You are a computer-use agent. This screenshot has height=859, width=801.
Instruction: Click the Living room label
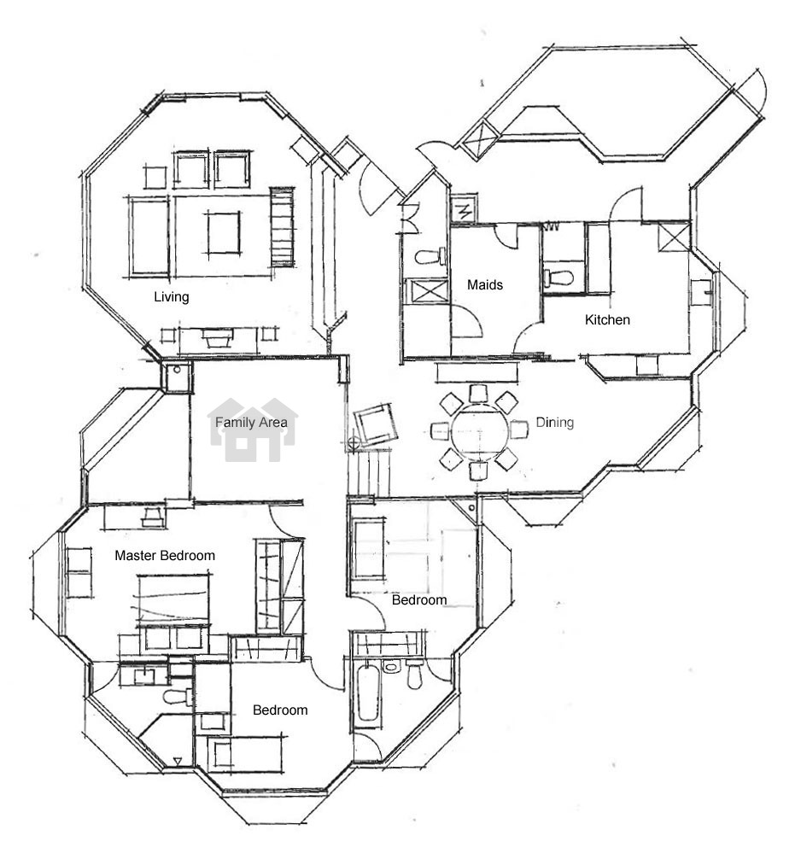click(x=171, y=297)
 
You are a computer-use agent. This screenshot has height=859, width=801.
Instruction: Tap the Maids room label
click(x=485, y=285)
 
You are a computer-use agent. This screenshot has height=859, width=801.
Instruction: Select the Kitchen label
click(x=607, y=320)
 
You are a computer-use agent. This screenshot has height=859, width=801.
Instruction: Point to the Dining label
click(x=554, y=423)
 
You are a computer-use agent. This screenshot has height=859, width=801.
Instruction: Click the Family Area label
click(x=251, y=423)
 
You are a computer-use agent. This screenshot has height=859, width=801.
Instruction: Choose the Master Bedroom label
click(x=164, y=556)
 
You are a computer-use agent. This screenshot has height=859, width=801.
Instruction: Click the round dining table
click(x=480, y=431)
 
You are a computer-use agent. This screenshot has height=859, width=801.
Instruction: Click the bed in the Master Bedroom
click(x=173, y=601)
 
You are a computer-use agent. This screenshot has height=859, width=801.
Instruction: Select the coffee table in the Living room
click(x=223, y=233)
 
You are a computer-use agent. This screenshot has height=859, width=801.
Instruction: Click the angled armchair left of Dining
click(x=376, y=424)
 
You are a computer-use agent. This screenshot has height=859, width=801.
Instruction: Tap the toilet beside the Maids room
click(x=430, y=256)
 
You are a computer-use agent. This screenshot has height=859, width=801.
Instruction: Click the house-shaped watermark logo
click(x=252, y=430)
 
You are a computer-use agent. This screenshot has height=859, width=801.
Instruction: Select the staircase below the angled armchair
click(x=369, y=472)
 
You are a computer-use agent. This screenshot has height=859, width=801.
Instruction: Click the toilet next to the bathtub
click(x=415, y=675)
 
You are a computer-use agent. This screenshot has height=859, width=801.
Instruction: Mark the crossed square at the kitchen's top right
click(x=674, y=237)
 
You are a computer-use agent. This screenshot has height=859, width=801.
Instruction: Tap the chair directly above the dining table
click(x=478, y=394)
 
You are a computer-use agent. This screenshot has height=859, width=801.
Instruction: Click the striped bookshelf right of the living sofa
click(x=282, y=227)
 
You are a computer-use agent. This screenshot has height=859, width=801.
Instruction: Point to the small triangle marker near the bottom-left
click(x=178, y=761)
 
